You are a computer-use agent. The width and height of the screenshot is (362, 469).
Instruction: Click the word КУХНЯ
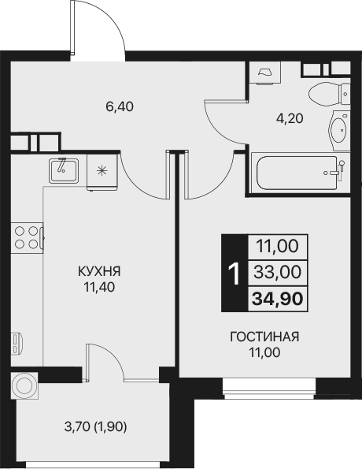[x=98, y=272]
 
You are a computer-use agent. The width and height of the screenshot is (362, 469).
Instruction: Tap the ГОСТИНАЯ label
[x=264, y=337]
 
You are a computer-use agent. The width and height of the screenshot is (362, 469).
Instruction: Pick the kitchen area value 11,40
[x=98, y=287]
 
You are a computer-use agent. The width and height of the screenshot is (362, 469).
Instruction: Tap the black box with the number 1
[x=233, y=272]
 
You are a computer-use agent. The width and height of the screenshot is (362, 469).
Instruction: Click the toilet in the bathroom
[x=326, y=94]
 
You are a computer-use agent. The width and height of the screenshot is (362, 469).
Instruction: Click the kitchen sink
[x=61, y=169]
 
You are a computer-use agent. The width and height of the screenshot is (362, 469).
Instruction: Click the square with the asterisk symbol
[x=102, y=169]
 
